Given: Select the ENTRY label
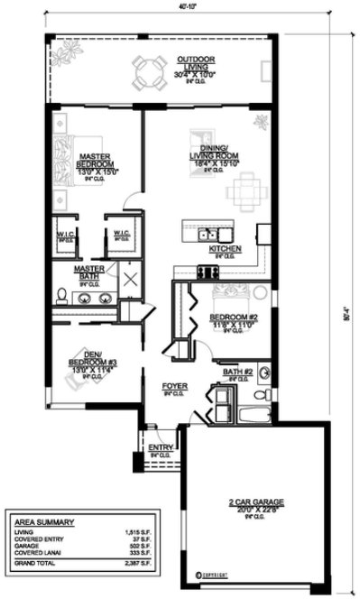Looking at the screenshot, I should tap(161, 447).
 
